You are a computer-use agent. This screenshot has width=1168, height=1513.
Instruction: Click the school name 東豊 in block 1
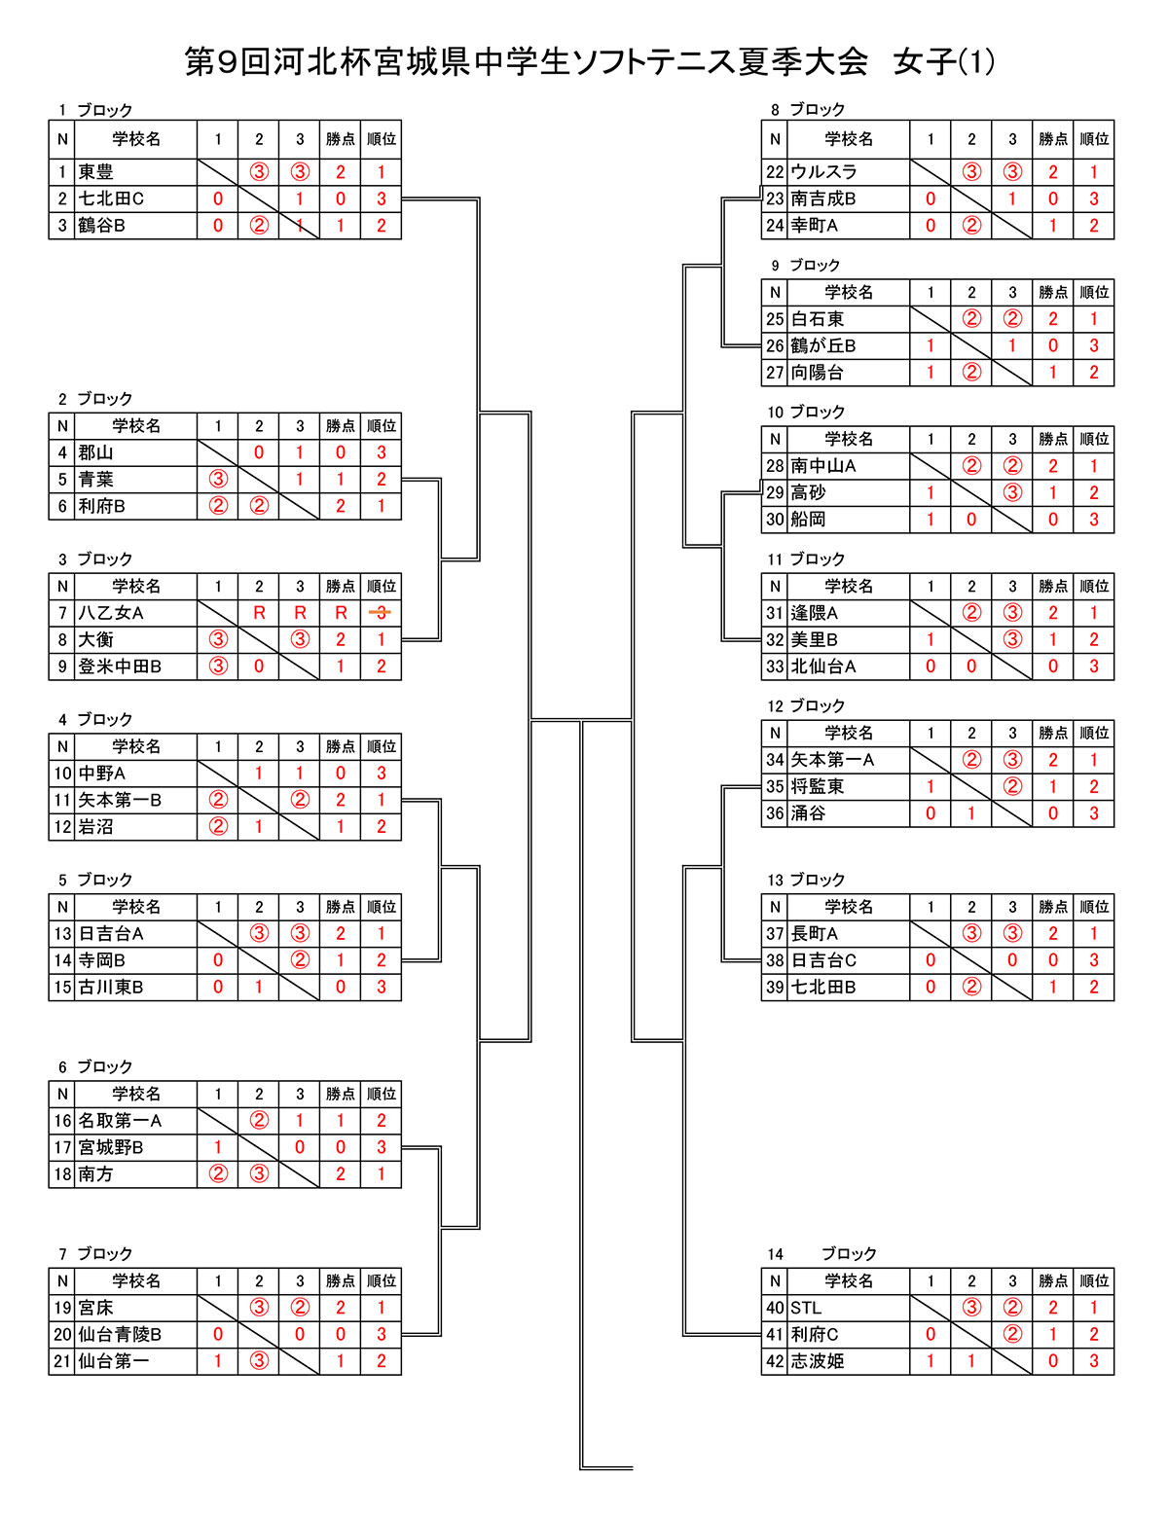(x=95, y=172)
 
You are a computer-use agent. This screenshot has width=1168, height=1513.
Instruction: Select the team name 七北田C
(x=111, y=198)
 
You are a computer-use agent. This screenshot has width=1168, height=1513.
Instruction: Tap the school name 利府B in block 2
(x=101, y=506)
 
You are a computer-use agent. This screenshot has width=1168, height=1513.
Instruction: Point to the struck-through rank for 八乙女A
(x=381, y=613)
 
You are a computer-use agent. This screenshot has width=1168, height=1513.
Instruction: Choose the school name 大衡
(x=95, y=639)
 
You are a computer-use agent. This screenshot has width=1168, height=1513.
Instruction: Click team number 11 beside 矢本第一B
(x=62, y=800)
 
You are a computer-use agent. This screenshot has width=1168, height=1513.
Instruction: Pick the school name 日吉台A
(x=111, y=934)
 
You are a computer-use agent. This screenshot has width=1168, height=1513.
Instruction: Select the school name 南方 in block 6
(x=95, y=1174)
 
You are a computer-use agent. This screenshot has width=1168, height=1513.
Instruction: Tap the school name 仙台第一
(x=114, y=1360)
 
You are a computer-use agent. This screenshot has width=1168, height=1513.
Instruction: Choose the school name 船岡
(x=808, y=520)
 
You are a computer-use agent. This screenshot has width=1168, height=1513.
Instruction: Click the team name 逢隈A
(x=814, y=613)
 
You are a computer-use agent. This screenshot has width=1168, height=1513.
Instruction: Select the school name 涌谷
(x=808, y=813)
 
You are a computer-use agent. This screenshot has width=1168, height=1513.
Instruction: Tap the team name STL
(x=806, y=1308)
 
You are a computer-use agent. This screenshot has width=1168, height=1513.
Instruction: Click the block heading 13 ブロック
(x=806, y=880)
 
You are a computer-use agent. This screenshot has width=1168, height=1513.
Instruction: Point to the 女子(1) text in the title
(x=944, y=62)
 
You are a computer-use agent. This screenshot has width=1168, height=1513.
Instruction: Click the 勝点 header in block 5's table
(x=341, y=907)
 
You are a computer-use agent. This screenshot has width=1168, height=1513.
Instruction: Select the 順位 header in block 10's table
(x=1093, y=439)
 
